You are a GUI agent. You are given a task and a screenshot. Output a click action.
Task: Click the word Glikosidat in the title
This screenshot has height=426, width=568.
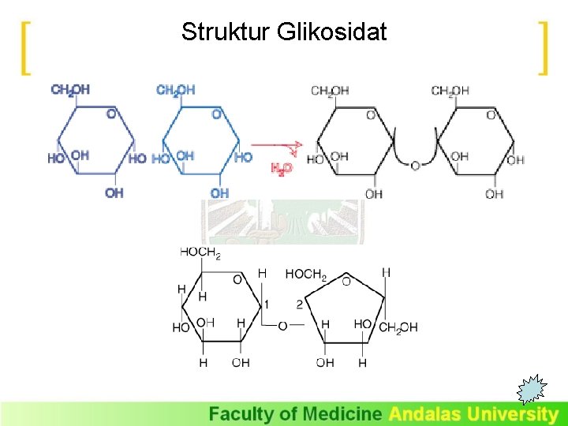tap(332, 32)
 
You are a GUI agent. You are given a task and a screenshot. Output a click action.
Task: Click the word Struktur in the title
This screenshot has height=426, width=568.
tap(226, 32)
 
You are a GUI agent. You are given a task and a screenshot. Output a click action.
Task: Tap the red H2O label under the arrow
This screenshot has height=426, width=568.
tap(282, 168)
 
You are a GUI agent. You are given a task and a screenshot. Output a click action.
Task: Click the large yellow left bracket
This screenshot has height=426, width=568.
tap(26, 48)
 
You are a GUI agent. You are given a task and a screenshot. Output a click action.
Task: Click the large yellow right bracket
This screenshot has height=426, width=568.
tap(542, 48)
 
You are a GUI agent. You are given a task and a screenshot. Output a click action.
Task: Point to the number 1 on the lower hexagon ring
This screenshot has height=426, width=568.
tap(267, 304)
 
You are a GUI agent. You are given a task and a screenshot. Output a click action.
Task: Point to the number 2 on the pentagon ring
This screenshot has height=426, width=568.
tap(299, 304)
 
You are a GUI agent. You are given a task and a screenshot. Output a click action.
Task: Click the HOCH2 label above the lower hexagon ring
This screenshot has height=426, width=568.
tap(200, 253)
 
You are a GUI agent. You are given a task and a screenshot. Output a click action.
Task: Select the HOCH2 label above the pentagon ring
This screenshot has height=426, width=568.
tap(306, 275)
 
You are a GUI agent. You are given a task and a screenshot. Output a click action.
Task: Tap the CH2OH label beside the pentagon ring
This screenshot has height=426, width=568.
tap(398, 327)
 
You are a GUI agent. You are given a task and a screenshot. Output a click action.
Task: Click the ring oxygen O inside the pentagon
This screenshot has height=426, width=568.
tap(346, 281)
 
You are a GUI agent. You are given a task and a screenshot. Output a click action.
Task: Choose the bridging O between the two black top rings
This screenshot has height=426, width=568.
tap(415, 166)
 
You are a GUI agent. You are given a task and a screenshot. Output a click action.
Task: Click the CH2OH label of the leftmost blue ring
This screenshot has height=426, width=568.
tap(70, 90)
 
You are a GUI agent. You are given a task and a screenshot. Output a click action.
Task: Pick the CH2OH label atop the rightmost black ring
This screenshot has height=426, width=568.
tap(450, 92)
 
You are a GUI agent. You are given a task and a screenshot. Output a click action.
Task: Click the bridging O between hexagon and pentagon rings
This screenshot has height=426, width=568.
tap(282, 324)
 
